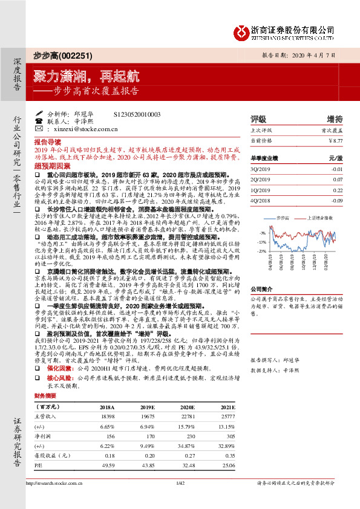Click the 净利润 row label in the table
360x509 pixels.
click(42, 435)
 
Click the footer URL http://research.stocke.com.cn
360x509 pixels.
click(54, 499)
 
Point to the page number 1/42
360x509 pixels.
click(180, 499)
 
